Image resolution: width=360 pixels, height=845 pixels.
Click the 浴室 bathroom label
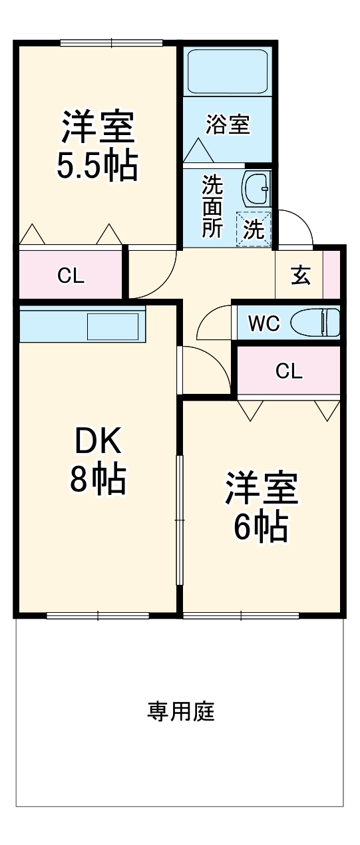tap(228, 124)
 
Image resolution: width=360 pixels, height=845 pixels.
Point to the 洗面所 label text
tap(213, 206)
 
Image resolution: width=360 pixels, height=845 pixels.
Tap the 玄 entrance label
tap(301, 275)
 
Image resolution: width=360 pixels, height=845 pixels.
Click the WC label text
tap(264, 323)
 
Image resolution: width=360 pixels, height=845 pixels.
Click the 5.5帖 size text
tap(97, 166)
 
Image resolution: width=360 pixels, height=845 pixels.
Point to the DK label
tap(97, 440)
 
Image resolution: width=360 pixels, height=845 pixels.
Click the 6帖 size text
tap(260, 527)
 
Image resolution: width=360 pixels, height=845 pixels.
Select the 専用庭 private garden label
tap(180, 712)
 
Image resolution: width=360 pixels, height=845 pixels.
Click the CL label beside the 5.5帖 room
tap(71, 275)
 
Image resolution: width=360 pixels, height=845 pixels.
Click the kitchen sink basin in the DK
tap(113, 327)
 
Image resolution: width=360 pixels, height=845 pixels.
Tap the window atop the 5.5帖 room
tap(112, 44)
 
